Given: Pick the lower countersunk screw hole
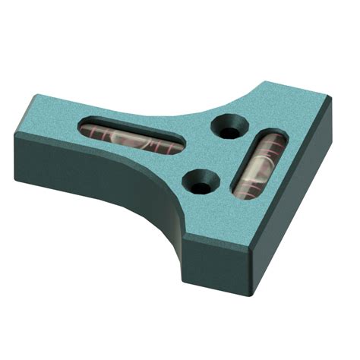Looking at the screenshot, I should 201,180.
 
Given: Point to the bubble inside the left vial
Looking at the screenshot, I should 129,138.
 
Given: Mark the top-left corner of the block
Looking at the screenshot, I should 34,95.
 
